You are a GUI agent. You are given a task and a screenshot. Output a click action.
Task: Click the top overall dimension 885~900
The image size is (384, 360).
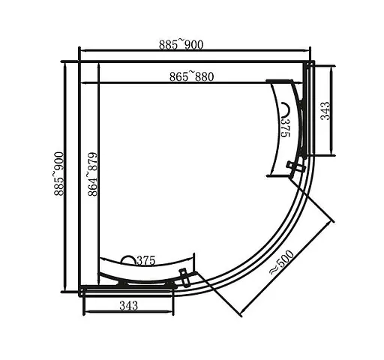point(181,45)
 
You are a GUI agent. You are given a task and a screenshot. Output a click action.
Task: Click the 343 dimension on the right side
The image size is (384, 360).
point(325,111)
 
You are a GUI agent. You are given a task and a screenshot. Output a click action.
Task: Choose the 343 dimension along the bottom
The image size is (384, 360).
point(128,306)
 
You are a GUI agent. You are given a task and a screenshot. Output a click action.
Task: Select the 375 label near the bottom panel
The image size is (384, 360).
point(145,261)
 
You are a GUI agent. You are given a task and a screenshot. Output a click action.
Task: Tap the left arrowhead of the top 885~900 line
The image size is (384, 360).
point(82,52)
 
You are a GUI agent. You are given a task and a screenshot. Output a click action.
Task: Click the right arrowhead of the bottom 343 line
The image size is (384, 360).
point(175,313)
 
